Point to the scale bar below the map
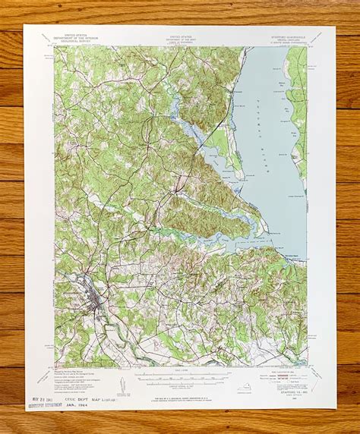point(181,376)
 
